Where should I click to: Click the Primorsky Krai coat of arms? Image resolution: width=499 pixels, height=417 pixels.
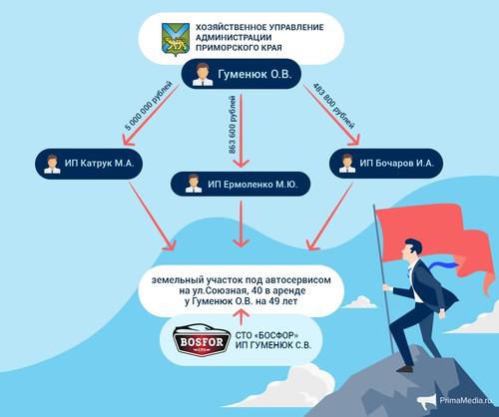tap(176, 39)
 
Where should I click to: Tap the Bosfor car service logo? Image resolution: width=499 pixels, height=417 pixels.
tap(202, 341)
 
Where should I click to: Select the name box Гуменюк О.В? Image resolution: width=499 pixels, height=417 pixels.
tap(242, 74)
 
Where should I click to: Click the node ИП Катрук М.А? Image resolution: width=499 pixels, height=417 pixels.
tap(89, 164)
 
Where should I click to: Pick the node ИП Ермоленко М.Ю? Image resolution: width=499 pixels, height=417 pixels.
tap(241, 184)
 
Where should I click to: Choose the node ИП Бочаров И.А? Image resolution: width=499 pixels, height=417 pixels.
tap(386, 164)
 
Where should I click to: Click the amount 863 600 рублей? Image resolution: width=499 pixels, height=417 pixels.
tap(233, 125)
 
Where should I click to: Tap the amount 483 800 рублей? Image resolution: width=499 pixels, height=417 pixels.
tap(333, 106)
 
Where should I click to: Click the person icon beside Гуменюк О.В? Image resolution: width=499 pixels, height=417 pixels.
tap(203, 75)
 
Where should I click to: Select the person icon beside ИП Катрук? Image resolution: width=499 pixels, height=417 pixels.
tap(52, 164)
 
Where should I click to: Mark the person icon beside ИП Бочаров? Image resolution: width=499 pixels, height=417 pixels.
tap(347, 164)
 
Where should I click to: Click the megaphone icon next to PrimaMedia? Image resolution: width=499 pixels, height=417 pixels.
tap(427, 401)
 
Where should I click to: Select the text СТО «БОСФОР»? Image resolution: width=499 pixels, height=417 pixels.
tap(266, 335)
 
